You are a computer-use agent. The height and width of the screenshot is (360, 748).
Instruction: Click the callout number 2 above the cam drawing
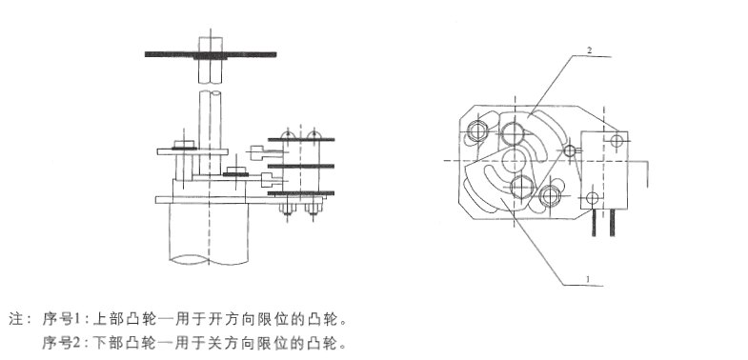590,50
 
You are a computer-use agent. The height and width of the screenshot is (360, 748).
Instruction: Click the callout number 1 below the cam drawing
588,278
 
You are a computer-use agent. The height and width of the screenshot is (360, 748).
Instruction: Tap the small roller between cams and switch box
570,151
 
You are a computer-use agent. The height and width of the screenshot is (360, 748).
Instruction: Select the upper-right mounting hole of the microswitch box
617,140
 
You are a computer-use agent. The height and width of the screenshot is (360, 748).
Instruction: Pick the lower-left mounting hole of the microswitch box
592,197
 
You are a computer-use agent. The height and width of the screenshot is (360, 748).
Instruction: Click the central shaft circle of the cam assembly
515,161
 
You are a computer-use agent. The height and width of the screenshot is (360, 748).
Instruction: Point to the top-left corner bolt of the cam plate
477,130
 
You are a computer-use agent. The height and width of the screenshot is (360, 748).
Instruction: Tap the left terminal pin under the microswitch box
594,223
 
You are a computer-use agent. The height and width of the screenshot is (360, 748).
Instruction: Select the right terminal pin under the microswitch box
612,223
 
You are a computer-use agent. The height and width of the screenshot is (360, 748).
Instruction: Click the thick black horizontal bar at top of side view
211,54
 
